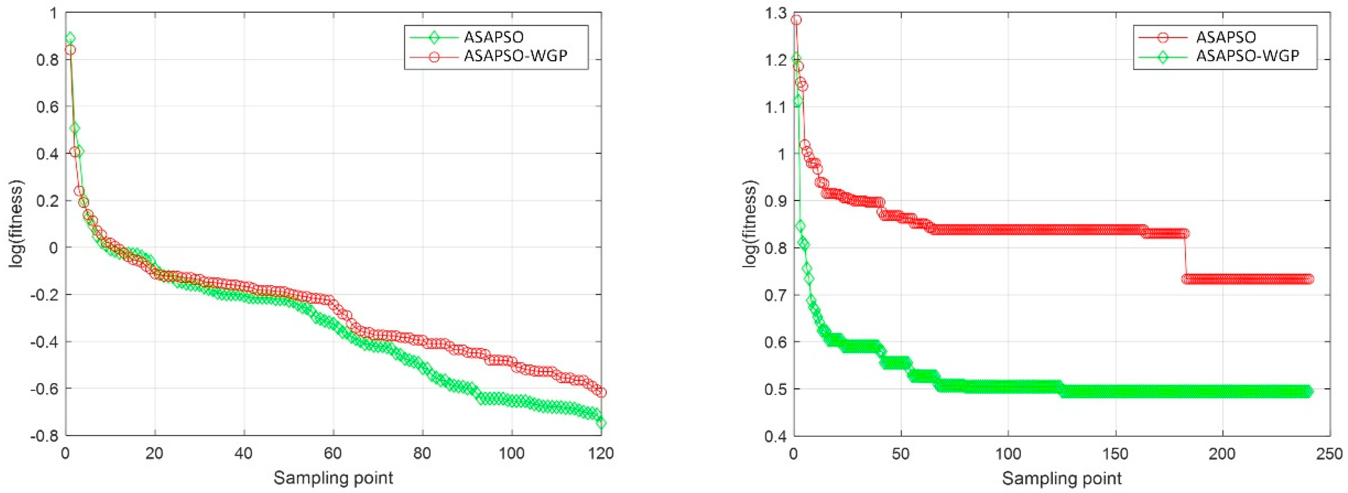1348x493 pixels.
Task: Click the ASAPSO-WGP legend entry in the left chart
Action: (515, 56)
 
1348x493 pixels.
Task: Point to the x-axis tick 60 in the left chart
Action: (333, 453)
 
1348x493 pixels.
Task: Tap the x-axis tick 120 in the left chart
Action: (601, 453)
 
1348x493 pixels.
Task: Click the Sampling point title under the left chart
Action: (333, 478)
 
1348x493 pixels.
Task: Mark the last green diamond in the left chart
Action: (601, 423)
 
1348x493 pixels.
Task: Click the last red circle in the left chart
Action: (601, 392)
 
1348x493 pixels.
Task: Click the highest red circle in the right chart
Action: (796, 20)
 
